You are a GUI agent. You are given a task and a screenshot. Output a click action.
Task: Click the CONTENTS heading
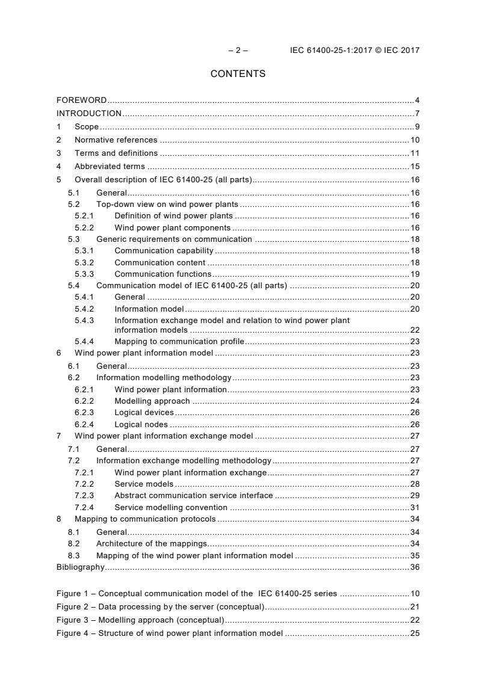(x=238, y=74)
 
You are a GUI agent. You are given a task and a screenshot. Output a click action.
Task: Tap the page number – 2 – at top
(x=238, y=51)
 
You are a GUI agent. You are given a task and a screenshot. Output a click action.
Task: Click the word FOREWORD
(x=82, y=100)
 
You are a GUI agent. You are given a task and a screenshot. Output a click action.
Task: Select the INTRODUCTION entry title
(x=89, y=113)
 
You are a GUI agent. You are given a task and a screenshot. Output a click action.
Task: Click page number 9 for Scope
(x=417, y=126)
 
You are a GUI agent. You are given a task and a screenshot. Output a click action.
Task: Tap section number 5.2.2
(x=84, y=228)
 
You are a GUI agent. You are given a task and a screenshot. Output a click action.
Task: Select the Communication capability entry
(x=164, y=250)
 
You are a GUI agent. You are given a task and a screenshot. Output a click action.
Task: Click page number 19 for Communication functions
(x=415, y=274)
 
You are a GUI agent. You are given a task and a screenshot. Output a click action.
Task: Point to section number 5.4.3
(x=84, y=321)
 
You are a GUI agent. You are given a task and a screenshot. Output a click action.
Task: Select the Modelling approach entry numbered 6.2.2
(x=152, y=401)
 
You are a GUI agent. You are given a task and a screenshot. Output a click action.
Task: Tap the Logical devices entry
(x=144, y=413)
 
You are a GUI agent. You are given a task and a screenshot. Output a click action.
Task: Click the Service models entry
(x=144, y=484)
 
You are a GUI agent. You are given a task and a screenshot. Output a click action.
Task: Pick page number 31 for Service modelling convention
(x=415, y=508)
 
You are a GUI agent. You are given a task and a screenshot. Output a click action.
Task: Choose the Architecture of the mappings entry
(x=152, y=543)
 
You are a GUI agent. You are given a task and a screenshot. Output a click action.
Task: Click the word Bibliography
(x=80, y=567)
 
